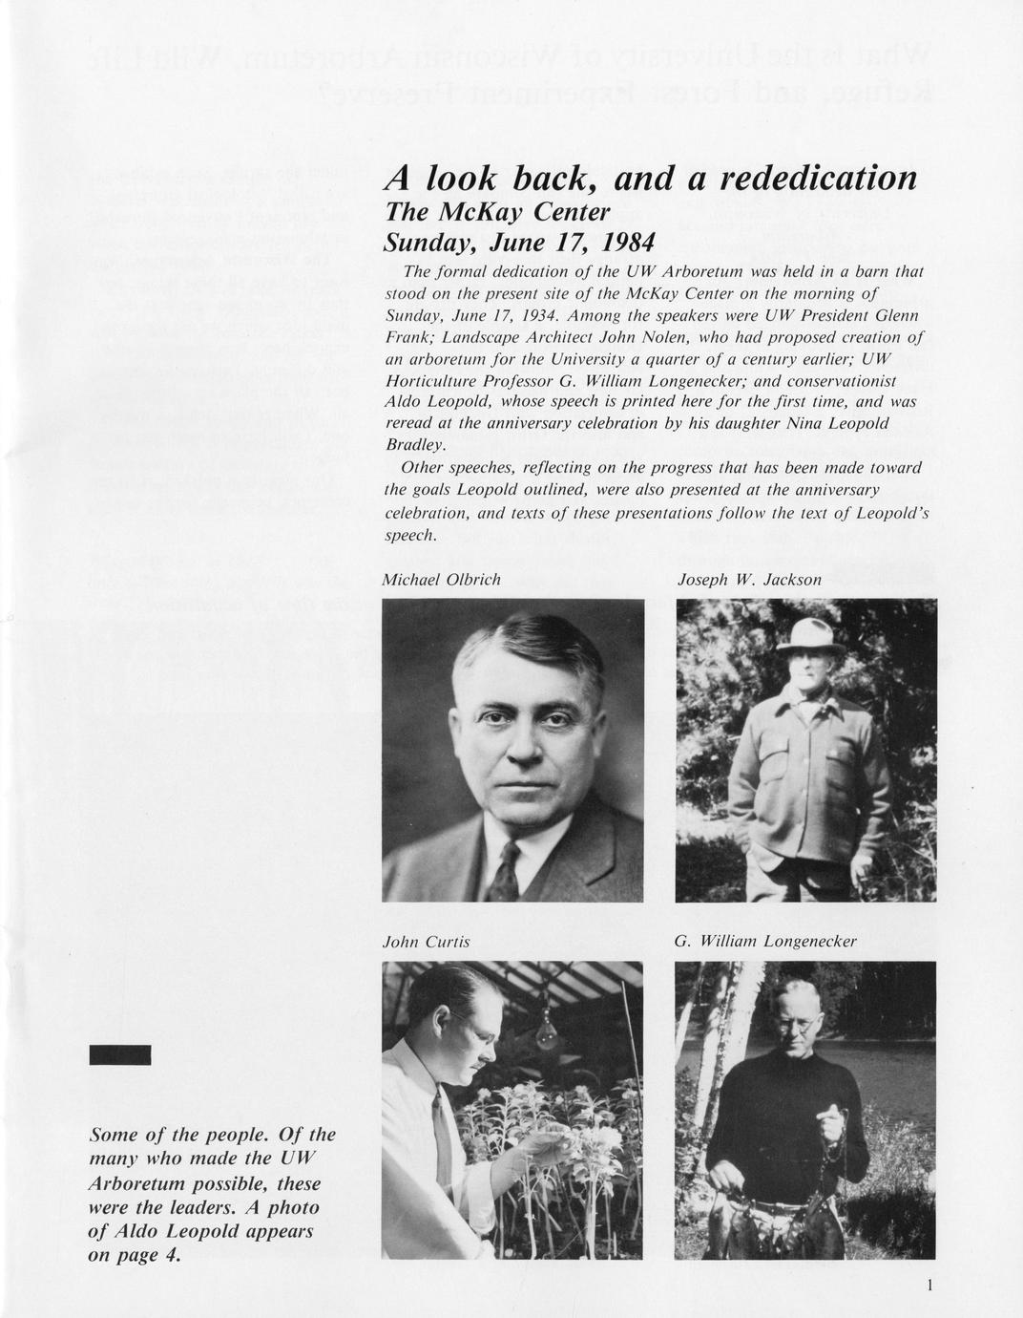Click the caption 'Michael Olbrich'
tap(441, 580)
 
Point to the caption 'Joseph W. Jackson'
tap(749, 580)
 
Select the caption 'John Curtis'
tap(426, 942)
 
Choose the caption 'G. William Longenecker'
tap(765, 942)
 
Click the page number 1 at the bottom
tap(929, 1286)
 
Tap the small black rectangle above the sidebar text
tap(119, 1054)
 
